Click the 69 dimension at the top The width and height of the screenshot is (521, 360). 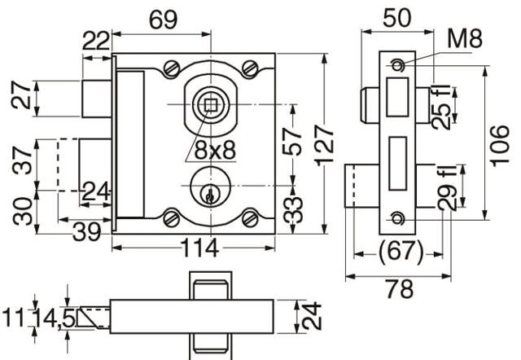(161, 17)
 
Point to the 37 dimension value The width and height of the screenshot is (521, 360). (23, 163)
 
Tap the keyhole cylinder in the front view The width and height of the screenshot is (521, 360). (209, 192)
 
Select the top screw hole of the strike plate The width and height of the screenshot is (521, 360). (398, 64)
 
